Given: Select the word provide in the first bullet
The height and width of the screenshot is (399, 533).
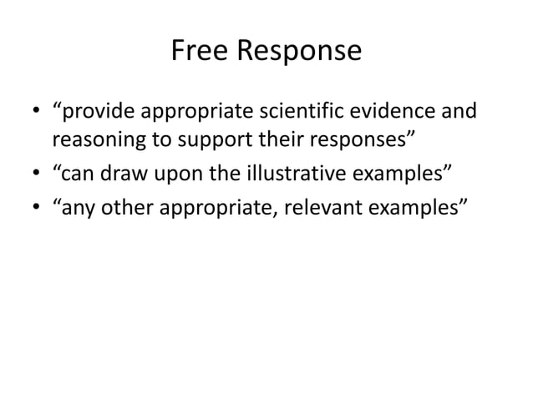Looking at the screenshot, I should pyautogui.click(x=103, y=110).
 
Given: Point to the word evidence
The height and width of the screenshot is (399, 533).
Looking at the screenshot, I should pyautogui.click(x=405, y=110).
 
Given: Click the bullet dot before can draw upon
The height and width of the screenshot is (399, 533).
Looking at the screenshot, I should pyautogui.click(x=38, y=173).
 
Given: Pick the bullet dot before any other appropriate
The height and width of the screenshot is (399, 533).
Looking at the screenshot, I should pyautogui.click(x=38, y=206).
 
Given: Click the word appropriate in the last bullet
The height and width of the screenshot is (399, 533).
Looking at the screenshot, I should pyautogui.click(x=224, y=207).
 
